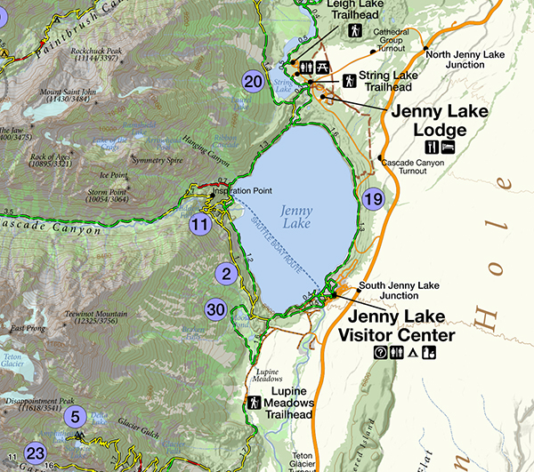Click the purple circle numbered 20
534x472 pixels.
(254, 82)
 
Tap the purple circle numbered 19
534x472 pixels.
(372, 198)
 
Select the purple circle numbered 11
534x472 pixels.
(200, 224)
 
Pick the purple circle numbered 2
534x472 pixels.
(226, 274)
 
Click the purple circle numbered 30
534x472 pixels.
(215, 309)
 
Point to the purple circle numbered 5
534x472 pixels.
(76, 415)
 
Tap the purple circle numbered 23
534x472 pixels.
(36, 452)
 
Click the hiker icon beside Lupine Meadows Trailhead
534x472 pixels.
(254, 402)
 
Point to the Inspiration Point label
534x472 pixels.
(241, 190)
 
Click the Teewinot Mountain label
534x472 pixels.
(95, 315)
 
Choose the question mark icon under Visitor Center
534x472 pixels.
(380, 353)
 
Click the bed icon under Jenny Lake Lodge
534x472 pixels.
(449, 147)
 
